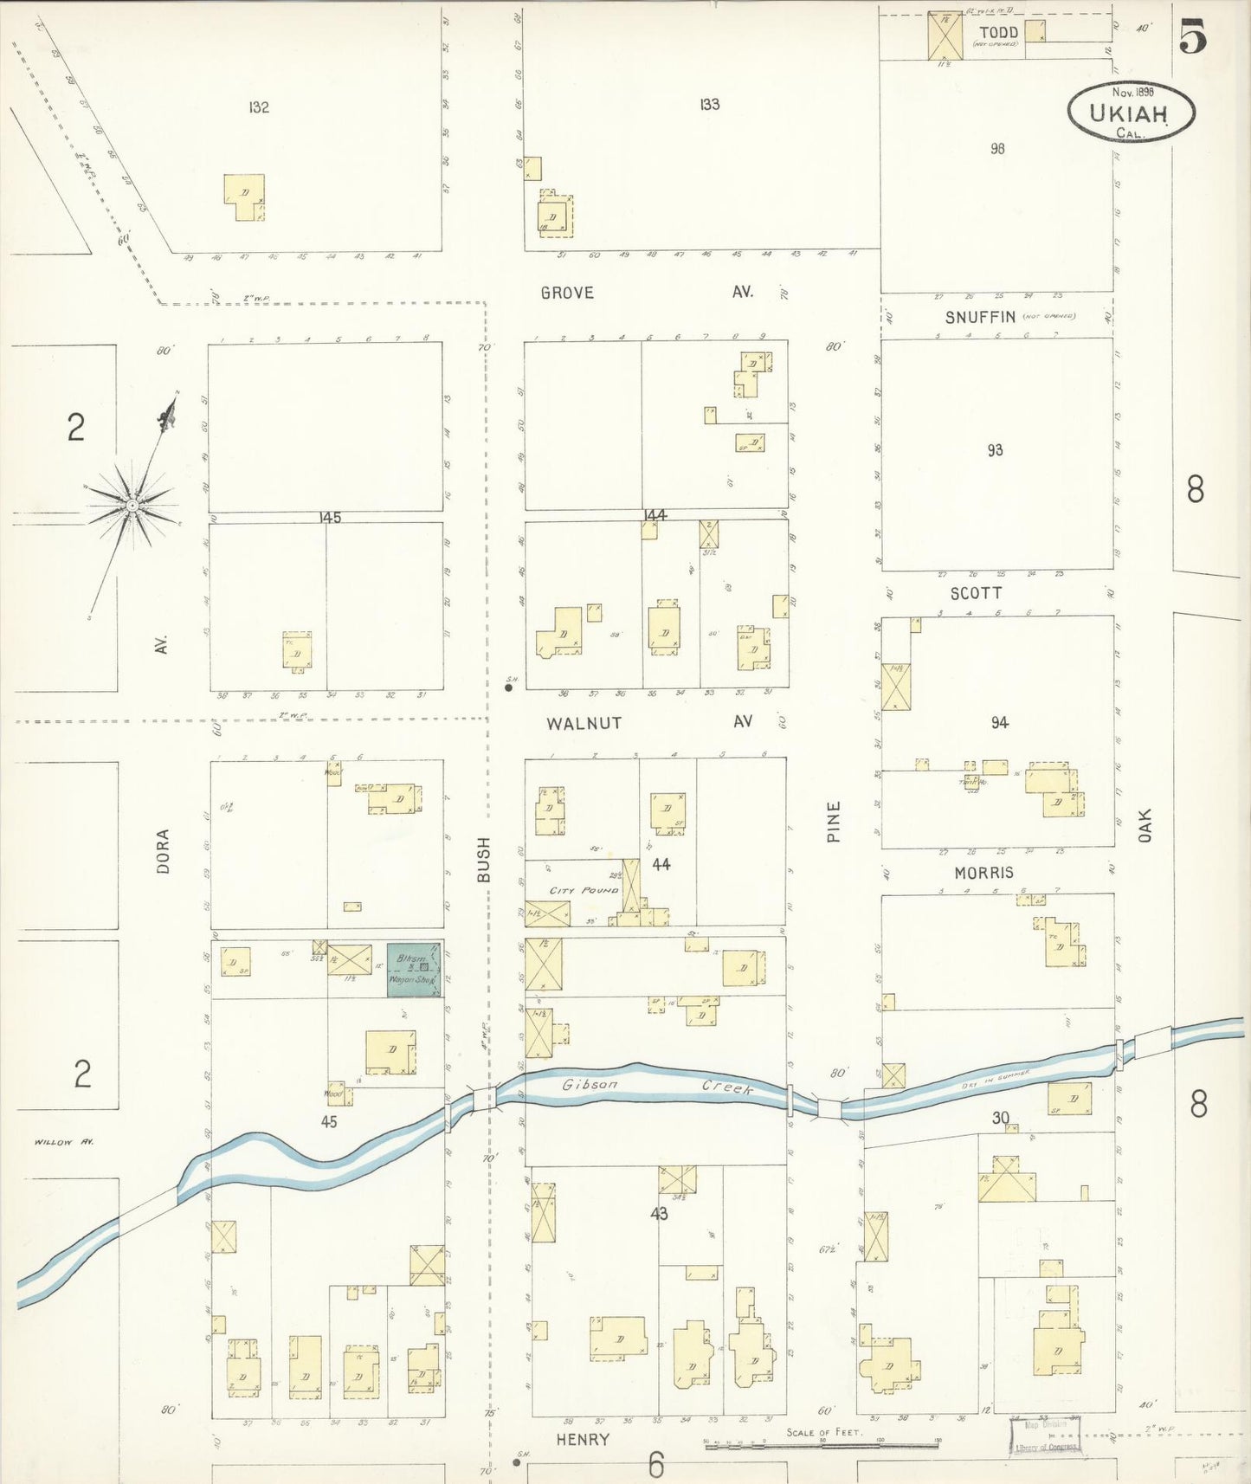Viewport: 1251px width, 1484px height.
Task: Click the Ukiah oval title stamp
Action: pyautogui.click(x=1131, y=112)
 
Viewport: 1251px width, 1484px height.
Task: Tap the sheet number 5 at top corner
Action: pyautogui.click(x=1193, y=36)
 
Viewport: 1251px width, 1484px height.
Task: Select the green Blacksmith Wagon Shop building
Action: pyautogui.click(x=414, y=970)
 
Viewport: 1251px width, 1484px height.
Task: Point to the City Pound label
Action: pyautogui.click(x=584, y=890)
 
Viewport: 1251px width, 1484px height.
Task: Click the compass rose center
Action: pyautogui.click(x=132, y=505)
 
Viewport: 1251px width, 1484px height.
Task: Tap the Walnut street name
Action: pyautogui.click(x=584, y=723)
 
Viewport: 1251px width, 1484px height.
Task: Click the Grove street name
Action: pyautogui.click(x=567, y=293)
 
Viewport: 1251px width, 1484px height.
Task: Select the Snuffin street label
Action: pyautogui.click(x=980, y=317)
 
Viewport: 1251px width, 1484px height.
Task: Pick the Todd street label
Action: pyautogui.click(x=998, y=33)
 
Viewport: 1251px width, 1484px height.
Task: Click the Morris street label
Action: pyautogui.click(x=983, y=873)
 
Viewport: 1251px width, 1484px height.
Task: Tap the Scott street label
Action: pyautogui.click(x=976, y=593)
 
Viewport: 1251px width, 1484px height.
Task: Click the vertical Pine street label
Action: pyautogui.click(x=833, y=822)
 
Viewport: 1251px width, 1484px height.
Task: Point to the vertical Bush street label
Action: pyautogui.click(x=483, y=860)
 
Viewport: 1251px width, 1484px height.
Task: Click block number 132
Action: pyautogui.click(x=258, y=107)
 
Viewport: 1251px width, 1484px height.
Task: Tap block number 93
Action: pyautogui.click(x=995, y=450)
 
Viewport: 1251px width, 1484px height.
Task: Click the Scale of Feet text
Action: pyautogui.click(x=823, y=1432)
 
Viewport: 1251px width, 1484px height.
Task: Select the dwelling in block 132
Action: pyautogui.click(x=244, y=197)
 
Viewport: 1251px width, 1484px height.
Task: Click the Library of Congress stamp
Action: pyautogui.click(x=1045, y=1437)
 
